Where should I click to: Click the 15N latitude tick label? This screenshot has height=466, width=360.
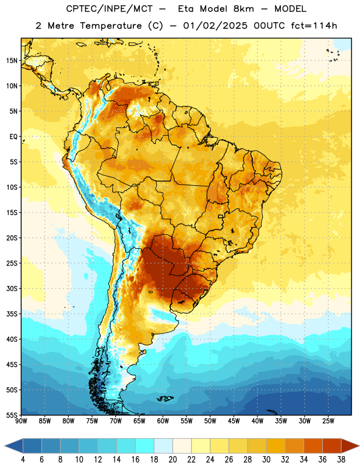tap(12, 61)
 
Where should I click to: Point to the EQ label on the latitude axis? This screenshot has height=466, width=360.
tap(13, 137)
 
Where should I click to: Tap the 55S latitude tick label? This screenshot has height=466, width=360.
tap(12, 415)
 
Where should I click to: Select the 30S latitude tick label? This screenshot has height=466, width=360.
tap(12, 288)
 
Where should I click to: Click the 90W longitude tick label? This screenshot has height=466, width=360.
tap(21, 421)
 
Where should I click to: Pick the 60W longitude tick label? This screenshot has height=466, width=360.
tap(163, 421)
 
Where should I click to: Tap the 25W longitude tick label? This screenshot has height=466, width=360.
tap(328, 421)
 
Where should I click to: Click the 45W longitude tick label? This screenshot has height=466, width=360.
tap(234, 421)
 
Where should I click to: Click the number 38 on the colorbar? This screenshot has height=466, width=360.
tap(341, 460)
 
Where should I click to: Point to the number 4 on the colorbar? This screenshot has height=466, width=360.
tap(23, 460)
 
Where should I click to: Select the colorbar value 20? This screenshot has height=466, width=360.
tap(172, 460)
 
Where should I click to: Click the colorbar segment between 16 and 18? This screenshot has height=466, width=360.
tap(145, 446)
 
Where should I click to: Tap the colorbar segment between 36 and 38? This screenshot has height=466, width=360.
tap(332, 446)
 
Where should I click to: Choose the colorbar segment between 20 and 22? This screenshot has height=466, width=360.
tap(182, 446)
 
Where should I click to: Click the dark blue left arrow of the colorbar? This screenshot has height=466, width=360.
tap(14, 446)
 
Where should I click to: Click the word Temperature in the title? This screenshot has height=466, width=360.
tap(111, 26)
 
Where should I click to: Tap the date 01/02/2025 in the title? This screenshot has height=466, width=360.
tap(215, 26)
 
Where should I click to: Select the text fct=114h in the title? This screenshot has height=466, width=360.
tap(314, 26)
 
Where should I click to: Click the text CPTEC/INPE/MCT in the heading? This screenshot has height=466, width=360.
tap(109, 9)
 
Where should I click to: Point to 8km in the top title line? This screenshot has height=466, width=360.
tap(243, 9)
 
